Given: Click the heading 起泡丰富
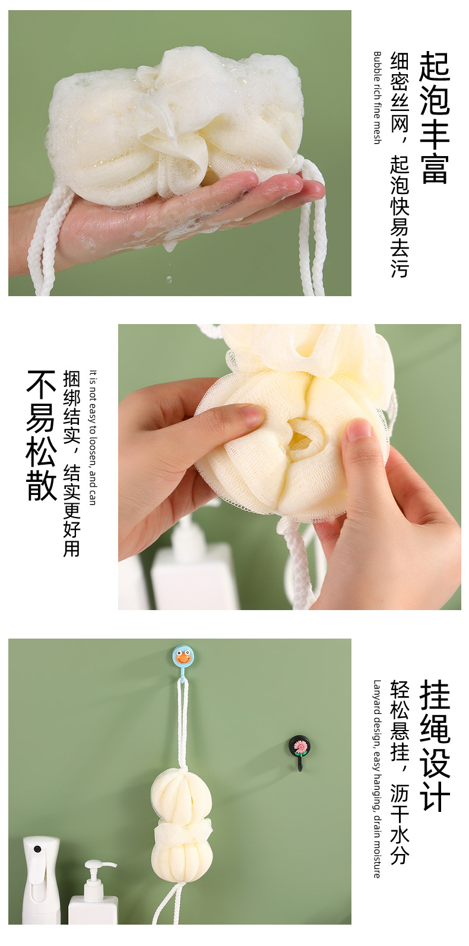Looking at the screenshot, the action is pos(434,118).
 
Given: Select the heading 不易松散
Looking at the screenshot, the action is pos(42,436).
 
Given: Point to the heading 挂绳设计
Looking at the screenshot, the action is pos(435,745).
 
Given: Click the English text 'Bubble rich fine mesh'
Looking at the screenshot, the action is pos(378,97).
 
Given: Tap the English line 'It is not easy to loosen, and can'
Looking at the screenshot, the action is pos(93,437).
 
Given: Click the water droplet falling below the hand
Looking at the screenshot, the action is pos(169,279).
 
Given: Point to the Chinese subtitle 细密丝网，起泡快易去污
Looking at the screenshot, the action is pos(400,164).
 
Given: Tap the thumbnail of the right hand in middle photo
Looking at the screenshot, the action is pos(359,431).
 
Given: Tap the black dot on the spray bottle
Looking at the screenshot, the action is pos(37,849).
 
